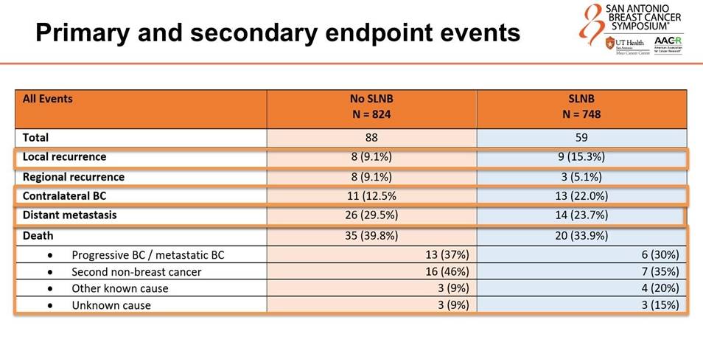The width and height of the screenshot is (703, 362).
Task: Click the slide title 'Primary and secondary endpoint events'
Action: (x=278, y=33)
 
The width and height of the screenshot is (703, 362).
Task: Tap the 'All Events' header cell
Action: (x=48, y=98)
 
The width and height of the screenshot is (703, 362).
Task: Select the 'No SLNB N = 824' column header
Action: (x=371, y=108)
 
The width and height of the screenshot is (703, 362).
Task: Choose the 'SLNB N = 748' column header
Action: (x=582, y=108)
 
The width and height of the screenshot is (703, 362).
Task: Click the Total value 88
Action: (x=371, y=138)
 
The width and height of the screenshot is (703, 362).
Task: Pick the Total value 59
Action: (x=582, y=138)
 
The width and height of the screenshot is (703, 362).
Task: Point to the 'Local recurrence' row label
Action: (x=65, y=157)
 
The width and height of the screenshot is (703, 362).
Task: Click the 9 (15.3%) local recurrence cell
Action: (x=582, y=157)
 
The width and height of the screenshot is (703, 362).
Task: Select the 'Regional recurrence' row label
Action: (x=74, y=177)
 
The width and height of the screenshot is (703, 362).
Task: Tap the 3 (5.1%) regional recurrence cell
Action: (x=582, y=177)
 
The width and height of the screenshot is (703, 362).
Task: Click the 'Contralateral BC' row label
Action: (x=63, y=196)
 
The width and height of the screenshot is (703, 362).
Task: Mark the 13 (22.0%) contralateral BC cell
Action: (x=582, y=196)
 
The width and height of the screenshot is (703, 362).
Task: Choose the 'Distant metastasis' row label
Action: (x=70, y=215)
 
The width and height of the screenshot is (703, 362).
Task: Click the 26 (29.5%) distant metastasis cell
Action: (x=371, y=215)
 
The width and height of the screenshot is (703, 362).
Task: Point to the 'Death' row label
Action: (x=38, y=236)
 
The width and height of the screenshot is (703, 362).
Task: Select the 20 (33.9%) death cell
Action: (x=582, y=236)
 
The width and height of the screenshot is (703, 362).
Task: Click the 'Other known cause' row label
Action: (x=120, y=288)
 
